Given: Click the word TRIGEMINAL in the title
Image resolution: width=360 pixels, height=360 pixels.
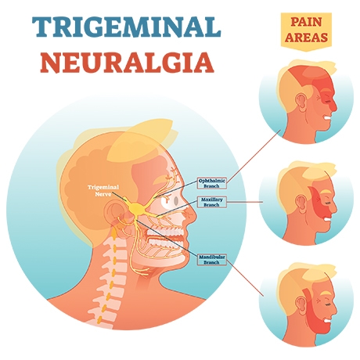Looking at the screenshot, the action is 127,26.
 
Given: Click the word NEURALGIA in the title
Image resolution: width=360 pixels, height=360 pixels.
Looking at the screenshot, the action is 128,62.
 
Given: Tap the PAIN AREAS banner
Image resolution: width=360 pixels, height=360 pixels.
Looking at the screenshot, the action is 306,30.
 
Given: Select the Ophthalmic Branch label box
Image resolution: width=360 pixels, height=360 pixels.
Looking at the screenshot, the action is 211,183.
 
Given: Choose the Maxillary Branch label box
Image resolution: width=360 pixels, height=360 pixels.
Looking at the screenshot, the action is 211,202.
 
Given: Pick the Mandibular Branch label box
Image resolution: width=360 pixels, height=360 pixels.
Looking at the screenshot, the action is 211,259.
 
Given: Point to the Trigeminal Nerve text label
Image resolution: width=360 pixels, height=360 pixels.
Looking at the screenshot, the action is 103,190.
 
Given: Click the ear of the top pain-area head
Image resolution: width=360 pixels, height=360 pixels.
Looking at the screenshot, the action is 301,102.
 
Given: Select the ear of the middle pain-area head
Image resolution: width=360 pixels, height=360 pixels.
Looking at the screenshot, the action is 301,203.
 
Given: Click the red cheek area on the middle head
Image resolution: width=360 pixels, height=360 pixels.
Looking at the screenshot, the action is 319,205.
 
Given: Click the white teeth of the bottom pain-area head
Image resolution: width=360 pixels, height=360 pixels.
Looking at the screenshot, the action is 326,321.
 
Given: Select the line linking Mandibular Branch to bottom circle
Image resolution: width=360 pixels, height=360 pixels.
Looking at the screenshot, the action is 245,278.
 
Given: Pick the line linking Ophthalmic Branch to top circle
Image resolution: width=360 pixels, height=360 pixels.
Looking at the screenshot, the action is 254,157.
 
